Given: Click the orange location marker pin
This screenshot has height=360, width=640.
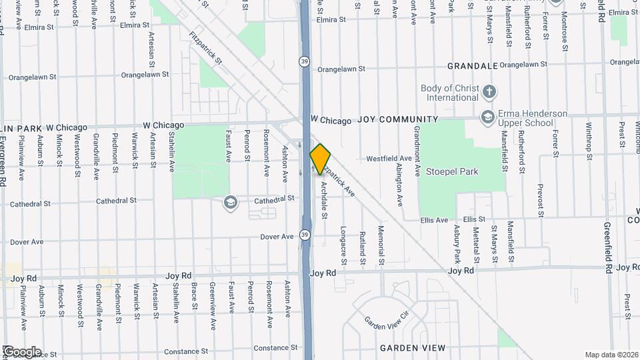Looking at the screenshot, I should [x=320, y=159].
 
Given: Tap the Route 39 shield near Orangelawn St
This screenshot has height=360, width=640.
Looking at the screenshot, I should [x=303, y=61].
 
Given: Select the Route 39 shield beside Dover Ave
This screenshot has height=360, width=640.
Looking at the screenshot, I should [x=304, y=235].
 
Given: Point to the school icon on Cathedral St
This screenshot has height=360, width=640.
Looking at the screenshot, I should [x=231, y=202].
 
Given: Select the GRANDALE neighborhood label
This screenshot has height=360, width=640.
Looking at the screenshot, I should [x=473, y=66].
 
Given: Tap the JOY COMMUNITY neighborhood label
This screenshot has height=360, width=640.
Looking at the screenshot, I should [x=398, y=120].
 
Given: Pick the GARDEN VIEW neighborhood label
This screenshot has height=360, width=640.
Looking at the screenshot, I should [x=412, y=348].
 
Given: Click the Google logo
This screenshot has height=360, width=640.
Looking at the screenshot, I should [x=22, y=352].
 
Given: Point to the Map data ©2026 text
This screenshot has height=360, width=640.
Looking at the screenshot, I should [x=611, y=355].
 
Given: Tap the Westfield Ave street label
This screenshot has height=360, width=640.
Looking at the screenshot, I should [x=389, y=159].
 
